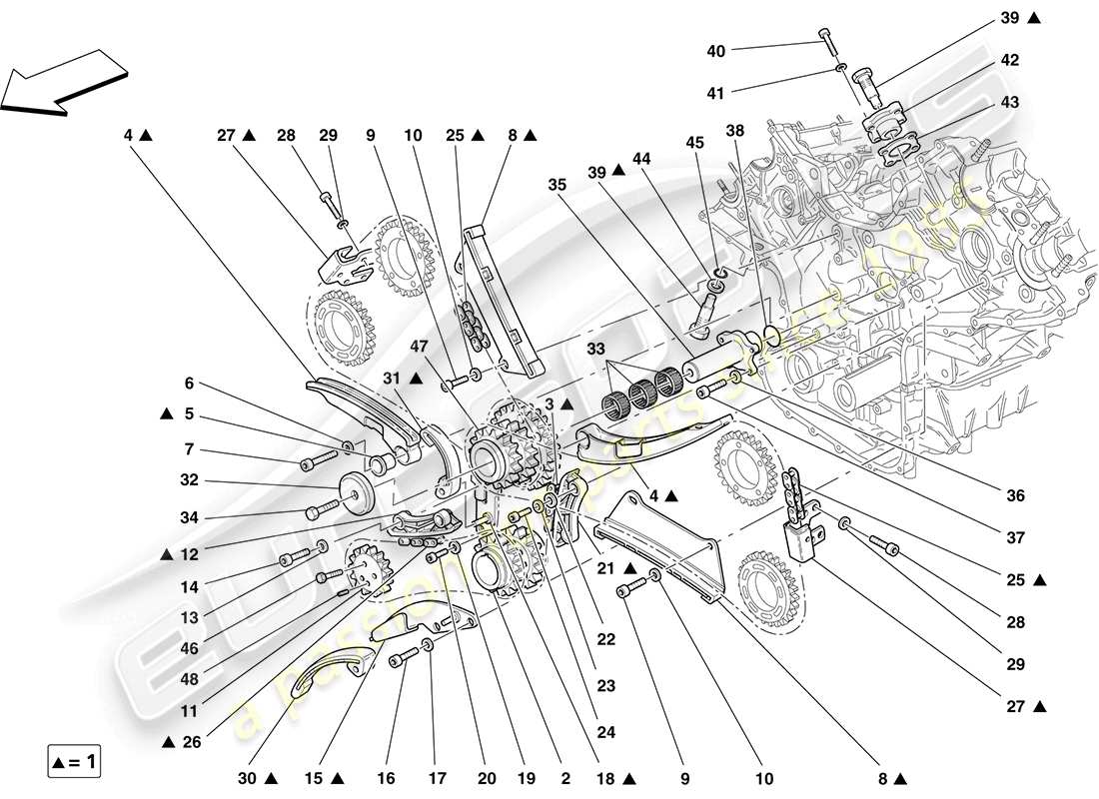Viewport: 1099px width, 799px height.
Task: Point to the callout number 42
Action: pyautogui.click(x=1009, y=61)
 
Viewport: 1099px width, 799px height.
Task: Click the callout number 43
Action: pyautogui.click(x=1009, y=103)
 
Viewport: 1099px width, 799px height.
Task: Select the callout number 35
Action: pyautogui.click(x=557, y=184)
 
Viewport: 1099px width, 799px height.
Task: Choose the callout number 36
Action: pyautogui.click(x=1016, y=495)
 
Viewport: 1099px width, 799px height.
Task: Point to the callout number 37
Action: pyautogui.click(x=1016, y=537)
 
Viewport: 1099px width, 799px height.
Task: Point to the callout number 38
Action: pyautogui.click(x=735, y=130)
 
